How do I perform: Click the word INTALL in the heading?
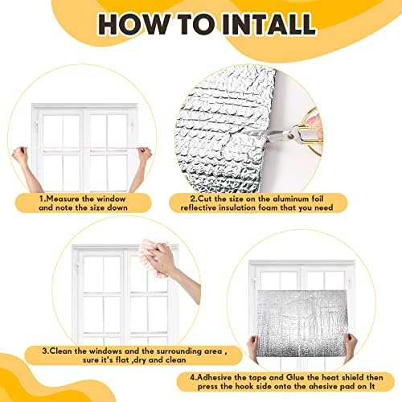[x=269, y=24]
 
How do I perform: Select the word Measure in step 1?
[x=63, y=199]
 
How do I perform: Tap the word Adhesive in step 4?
[x=215, y=377]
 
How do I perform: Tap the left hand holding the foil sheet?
[x=253, y=348]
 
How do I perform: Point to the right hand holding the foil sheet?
[x=351, y=347]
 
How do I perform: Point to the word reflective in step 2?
[x=199, y=207]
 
